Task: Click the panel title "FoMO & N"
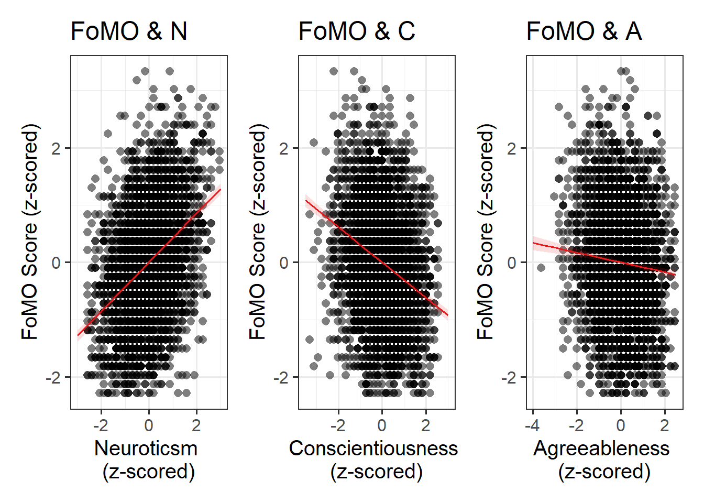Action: [129, 31]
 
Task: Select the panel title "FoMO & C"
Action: [357, 31]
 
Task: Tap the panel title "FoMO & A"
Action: [584, 31]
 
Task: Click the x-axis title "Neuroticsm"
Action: [146, 449]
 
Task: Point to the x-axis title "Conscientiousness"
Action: [373, 449]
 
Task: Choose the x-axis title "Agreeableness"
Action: [601, 449]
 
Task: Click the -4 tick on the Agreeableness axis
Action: [532, 425]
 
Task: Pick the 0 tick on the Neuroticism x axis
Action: [149, 425]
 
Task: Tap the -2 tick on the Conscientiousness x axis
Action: [338, 425]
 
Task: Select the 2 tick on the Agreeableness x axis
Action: [665, 425]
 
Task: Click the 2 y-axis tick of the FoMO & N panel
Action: [57, 148]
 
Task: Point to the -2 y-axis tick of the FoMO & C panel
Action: [281, 377]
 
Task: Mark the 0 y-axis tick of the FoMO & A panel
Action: [512, 263]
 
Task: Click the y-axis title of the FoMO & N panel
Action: [30, 232]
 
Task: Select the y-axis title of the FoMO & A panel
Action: [486, 232]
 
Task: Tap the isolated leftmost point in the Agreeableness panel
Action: [541, 268]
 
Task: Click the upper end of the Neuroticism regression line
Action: [221, 189]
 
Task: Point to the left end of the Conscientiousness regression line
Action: [306, 200]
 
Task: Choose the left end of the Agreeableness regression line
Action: [533, 243]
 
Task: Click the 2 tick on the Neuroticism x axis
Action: [196, 425]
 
